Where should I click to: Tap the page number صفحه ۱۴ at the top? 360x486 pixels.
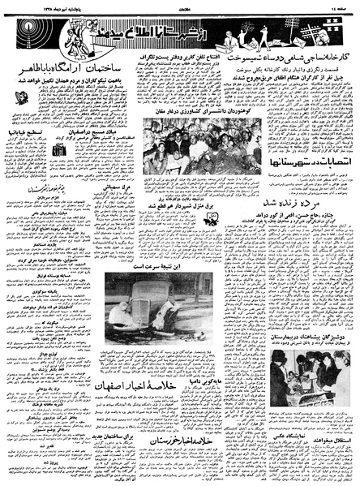pyautogui.click(x=340, y=5)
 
